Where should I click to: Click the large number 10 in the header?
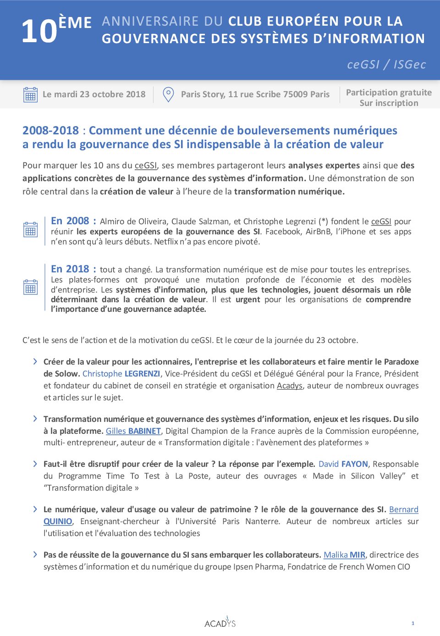[39, 32]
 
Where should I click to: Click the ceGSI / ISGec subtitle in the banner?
[386, 64]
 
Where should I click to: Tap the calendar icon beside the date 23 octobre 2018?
[30, 94]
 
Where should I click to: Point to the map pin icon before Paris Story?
[168, 94]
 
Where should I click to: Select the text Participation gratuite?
[389, 93]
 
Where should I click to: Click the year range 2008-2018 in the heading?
[50, 131]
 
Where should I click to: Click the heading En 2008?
[73, 221]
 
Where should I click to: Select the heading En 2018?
[73, 269]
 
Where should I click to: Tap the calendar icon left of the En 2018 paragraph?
[30, 287]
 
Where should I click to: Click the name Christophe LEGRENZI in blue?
[121, 374]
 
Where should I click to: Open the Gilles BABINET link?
[133, 431]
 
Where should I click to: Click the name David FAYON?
[343, 464]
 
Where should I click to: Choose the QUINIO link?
[58, 521]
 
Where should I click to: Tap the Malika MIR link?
[344, 555]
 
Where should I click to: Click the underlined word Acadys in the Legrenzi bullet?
[290, 386]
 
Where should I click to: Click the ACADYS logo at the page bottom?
[220, 623]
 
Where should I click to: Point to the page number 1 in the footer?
[413, 623]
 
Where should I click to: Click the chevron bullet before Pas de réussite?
[35, 554]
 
